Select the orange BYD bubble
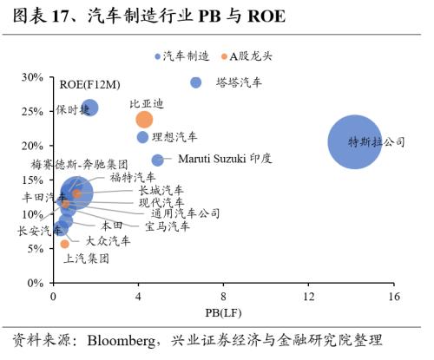144,119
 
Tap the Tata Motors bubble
196,82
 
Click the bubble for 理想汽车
142,137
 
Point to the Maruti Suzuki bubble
157,160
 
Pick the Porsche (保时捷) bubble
89,108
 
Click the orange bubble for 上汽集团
64,244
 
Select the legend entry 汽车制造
186,56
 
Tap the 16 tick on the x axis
392,298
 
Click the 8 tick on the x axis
223,298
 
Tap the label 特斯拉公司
377,142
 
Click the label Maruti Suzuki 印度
225,160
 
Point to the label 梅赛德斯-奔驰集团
79,164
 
